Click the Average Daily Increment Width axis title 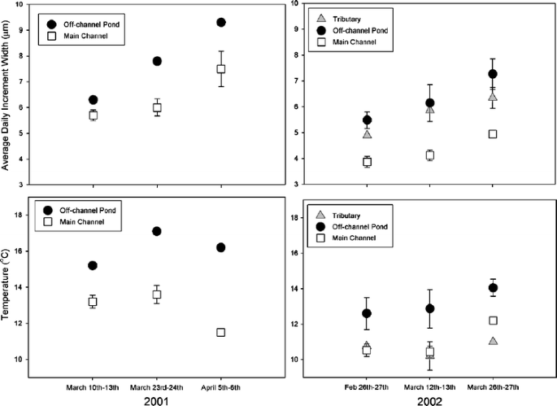pyautogui.click(x=7, y=98)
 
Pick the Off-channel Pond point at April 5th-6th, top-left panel pyautogui.click(x=220, y=22)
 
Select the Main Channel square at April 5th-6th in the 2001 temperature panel pyautogui.click(x=220, y=332)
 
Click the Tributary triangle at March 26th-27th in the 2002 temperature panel pyautogui.click(x=493, y=341)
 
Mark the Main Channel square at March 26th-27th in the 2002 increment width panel pyautogui.click(x=493, y=133)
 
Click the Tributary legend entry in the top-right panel pyautogui.click(x=345, y=15)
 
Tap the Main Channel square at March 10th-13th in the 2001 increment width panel pyautogui.click(x=93, y=116)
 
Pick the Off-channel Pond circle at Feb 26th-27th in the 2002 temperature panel pyautogui.click(x=367, y=313)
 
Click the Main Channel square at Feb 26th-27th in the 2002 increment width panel pyautogui.click(x=367, y=162)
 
